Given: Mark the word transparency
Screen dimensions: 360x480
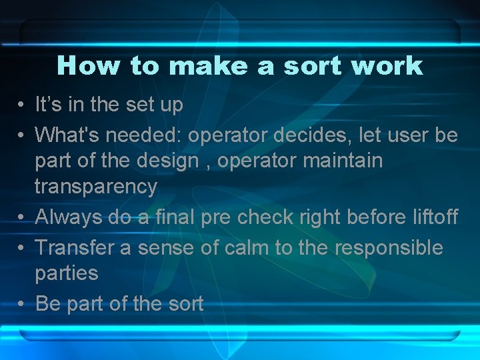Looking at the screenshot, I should [96, 187].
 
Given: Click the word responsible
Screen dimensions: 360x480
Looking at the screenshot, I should [389, 248].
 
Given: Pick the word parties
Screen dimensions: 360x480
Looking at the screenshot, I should [66, 273].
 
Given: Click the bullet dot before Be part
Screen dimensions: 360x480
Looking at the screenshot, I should [22, 305].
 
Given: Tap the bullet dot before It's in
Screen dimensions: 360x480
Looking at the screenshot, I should [22, 105].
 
